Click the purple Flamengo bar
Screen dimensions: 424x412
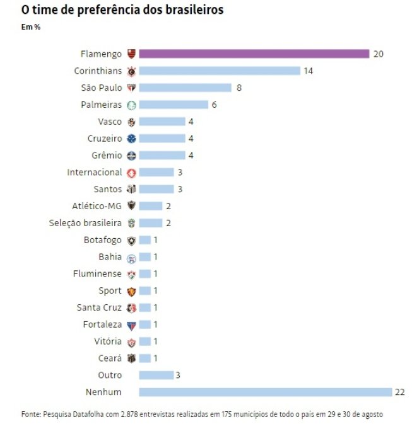pyautogui.click(x=254, y=54)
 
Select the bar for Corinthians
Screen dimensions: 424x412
pyautogui.click(x=219, y=71)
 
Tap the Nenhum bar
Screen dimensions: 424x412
pyautogui.click(x=265, y=392)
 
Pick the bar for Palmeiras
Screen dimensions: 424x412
pyautogui.click(x=173, y=105)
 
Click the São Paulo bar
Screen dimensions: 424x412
pyautogui.click(x=185, y=88)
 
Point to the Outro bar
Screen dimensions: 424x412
pyautogui.click(x=156, y=375)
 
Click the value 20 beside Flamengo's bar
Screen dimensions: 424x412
pyautogui.click(x=379, y=54)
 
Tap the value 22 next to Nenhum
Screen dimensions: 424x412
pyautogui.click(x=399, y=392)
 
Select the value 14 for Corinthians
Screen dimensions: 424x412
pyautogui.click(x=309, y=71)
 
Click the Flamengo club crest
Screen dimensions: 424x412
pyautogui.click(x=132, y=54)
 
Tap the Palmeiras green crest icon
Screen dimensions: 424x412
pyautogui.click(x=132, y=105)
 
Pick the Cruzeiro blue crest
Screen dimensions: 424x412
pyautogui.click(x=132, y=139)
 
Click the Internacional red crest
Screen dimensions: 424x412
pyautogui.click(x=132, y=173)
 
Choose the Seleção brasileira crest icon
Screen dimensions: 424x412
pyautogui.click(x=132, y=223)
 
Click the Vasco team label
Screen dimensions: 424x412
pyautogui.click(x=110, y=122)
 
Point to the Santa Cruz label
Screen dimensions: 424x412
pyautogui.click(x=99, y=307)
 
